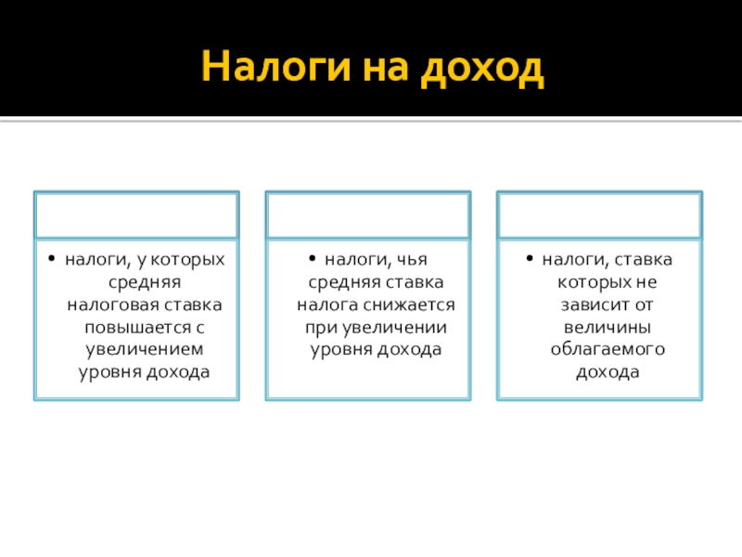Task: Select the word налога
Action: point(328,304)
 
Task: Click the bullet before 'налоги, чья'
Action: point(313,259)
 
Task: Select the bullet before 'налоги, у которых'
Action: point(55,259)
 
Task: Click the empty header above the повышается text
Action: point(136,214)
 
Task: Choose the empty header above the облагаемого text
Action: point(599,214)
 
